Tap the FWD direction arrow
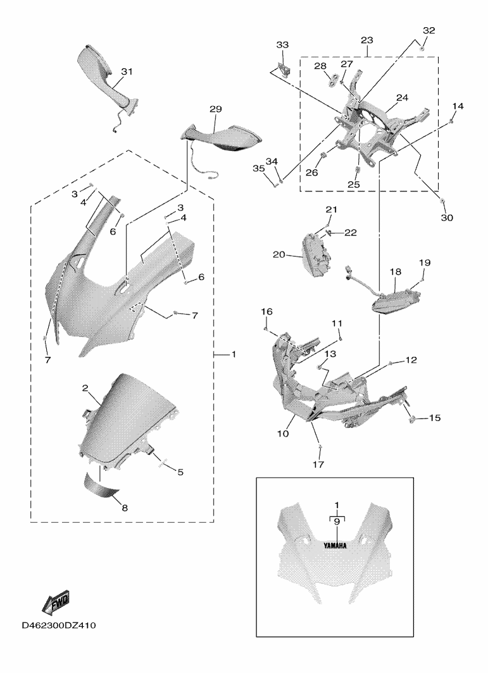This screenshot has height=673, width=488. (x=56, y=602)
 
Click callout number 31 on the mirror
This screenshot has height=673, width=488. (x=127, y=72)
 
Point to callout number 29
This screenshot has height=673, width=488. (x=215, y=109)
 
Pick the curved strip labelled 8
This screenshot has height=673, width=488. (x=102, y=485)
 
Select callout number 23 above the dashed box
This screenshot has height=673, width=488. (x=367, y=40)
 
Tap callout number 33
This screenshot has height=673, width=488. (x=282, y=45)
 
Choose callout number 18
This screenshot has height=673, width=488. (x=395, y=272)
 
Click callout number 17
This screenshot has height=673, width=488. (x=317, y=464)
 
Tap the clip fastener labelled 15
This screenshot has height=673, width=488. (x=415, y=418)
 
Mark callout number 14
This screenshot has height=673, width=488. (x=458, y=106)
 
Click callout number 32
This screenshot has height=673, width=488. (x=429, y=30)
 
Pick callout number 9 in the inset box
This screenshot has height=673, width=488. (x=337, y=522)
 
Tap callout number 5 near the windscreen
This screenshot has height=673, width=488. (x=180, y=471)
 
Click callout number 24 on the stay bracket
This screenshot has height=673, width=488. (x=402, y=98)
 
